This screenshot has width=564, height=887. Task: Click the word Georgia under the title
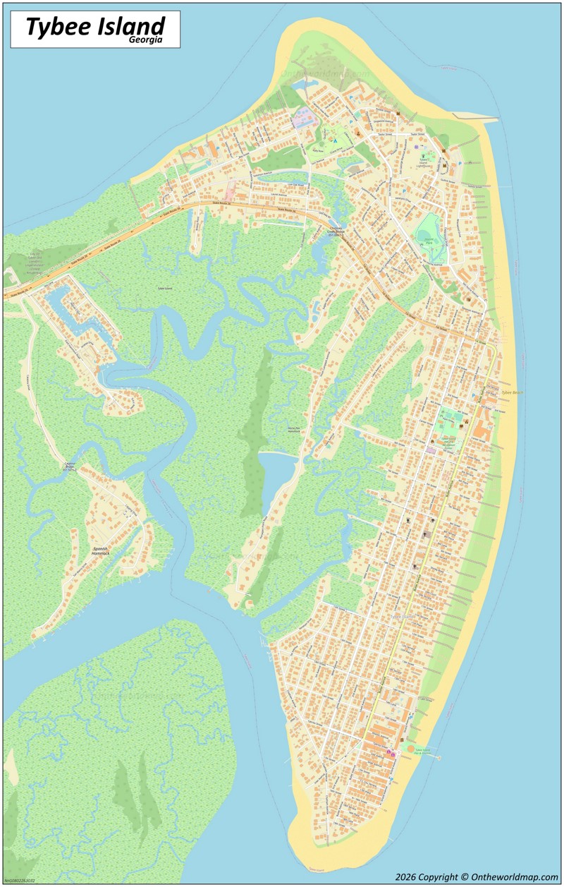click(x=146, y=40)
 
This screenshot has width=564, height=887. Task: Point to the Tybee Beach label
click(x=512, y=392)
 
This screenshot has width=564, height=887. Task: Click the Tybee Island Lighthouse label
click(x=424, y=161)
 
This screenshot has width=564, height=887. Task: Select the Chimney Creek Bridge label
click(x=336, y=232)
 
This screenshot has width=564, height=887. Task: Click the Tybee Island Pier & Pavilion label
click(x=422, y=752)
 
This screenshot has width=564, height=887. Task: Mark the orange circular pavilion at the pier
click(x=410, y=748)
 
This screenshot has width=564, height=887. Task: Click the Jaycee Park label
click(x=427, y=240)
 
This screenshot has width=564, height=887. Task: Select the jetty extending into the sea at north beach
click(x=476, y=116)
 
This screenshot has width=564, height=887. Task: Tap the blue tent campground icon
click(x=336, y=140)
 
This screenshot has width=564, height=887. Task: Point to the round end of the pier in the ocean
click(x=439, y=758)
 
